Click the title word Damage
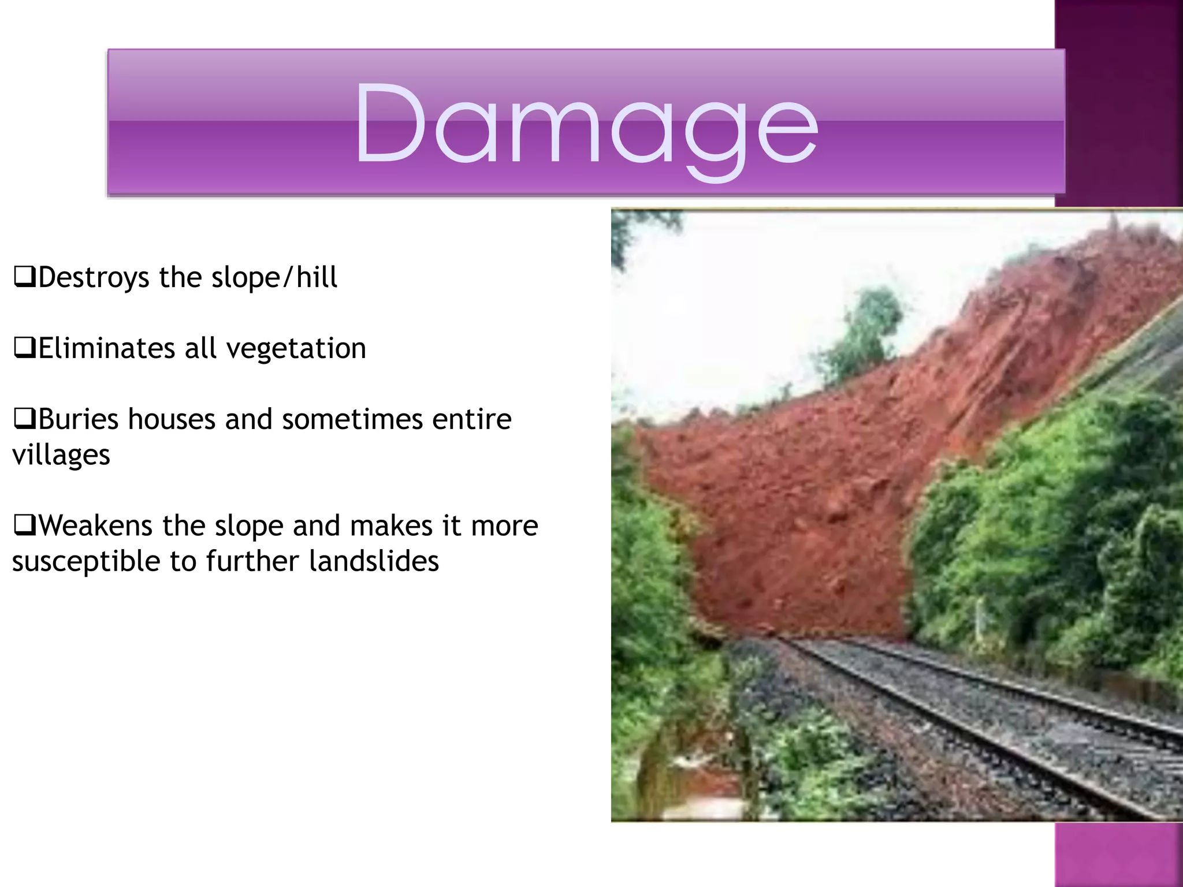point(586,124)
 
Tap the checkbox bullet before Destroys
point(24,278)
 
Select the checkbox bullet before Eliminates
point(24,349)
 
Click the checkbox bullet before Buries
point(24,419)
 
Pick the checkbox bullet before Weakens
point(24,526)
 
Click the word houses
point(172,419)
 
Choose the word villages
point(61,456)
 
